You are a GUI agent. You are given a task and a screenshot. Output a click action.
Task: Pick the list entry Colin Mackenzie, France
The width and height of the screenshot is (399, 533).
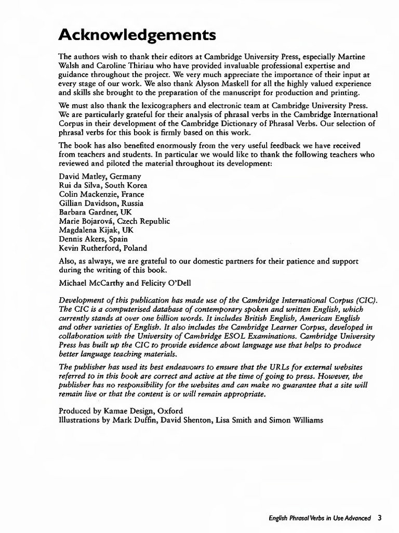click(x=101, y=194)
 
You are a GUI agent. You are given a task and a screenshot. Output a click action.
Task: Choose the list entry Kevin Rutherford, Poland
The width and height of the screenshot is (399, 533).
click(x=103, y=248)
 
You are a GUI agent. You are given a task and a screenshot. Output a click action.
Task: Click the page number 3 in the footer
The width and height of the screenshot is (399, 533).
click(x=380, y=518)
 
